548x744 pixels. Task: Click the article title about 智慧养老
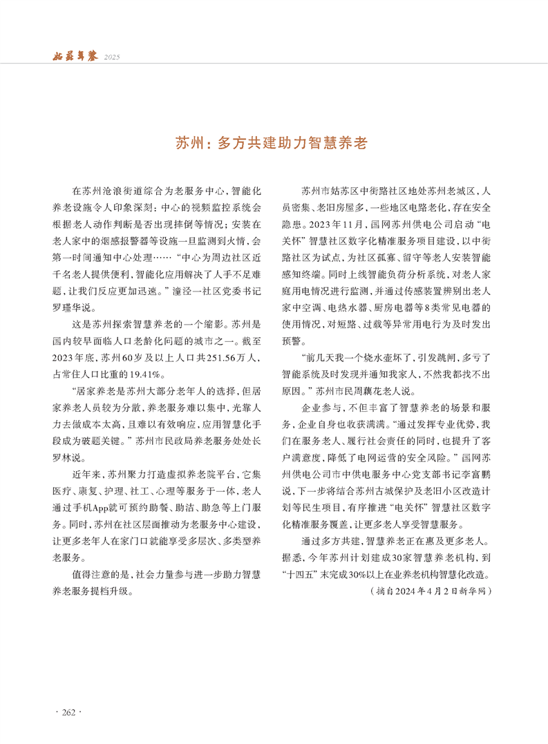[x=274, y=144]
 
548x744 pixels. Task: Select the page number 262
[x=68, y=712]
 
